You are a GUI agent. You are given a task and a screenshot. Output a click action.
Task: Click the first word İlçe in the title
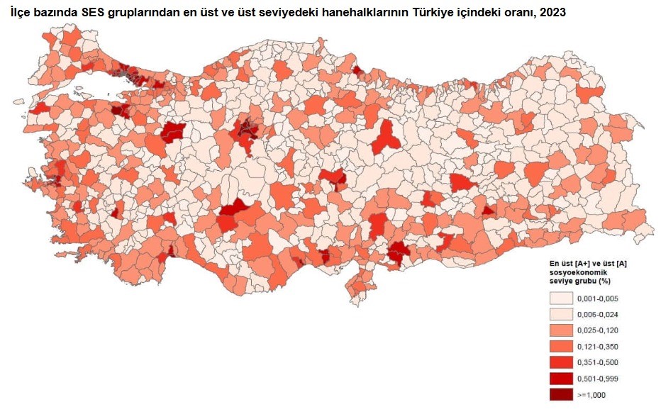point(23,12)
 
